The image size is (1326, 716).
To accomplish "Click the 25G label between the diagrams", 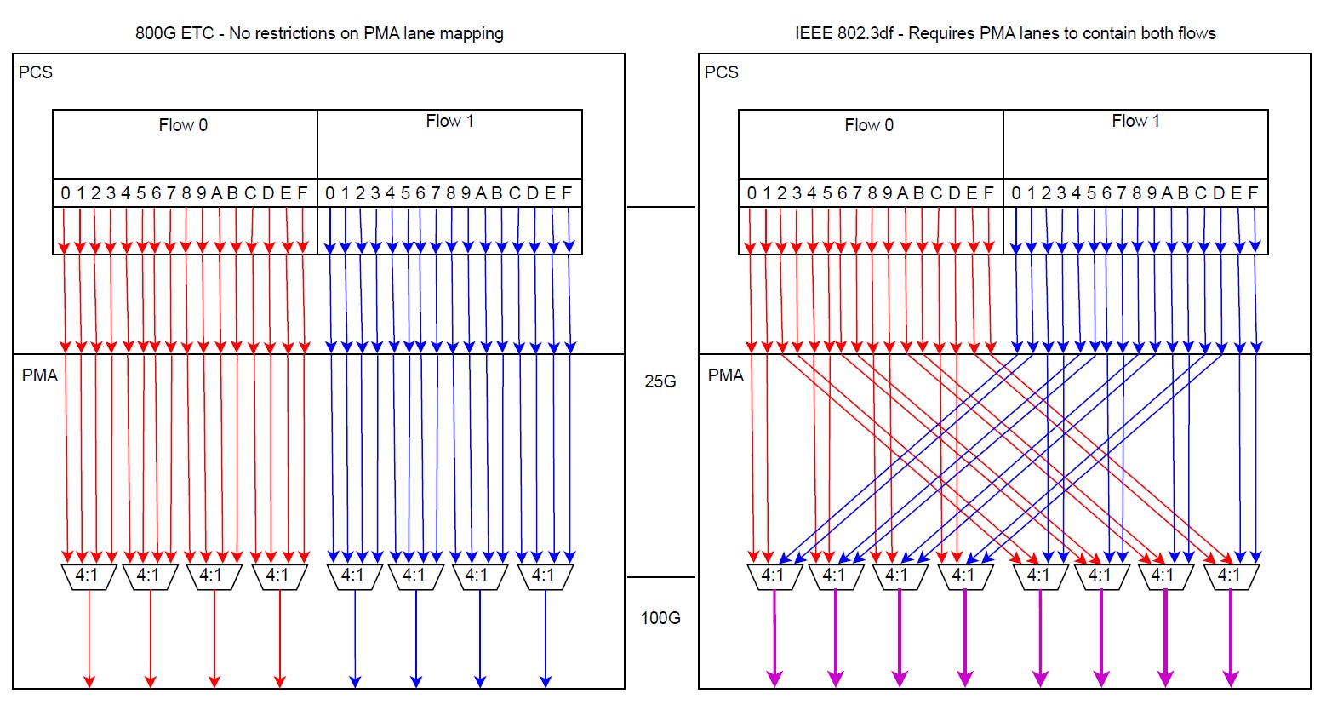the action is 660,381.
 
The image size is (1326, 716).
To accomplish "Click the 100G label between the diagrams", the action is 660,618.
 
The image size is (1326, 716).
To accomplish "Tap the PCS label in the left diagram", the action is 36,72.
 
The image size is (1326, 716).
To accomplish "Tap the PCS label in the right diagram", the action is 722,72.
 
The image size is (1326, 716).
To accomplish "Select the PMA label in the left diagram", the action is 40,375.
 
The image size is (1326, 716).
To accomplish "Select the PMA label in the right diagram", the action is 726,375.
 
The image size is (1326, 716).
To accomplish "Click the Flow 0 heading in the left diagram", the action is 183,125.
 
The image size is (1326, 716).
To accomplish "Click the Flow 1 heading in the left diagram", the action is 450,121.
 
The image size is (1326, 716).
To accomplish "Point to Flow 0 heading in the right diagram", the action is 869,125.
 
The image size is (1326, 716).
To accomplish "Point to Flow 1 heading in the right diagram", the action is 1135,121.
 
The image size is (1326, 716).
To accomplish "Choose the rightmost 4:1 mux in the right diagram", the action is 1231,577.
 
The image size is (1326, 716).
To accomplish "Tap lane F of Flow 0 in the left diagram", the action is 302,193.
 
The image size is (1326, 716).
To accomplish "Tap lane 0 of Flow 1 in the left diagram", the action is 329,193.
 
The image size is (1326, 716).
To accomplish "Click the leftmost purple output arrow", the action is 774,639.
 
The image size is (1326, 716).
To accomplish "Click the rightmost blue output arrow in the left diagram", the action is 546,639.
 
